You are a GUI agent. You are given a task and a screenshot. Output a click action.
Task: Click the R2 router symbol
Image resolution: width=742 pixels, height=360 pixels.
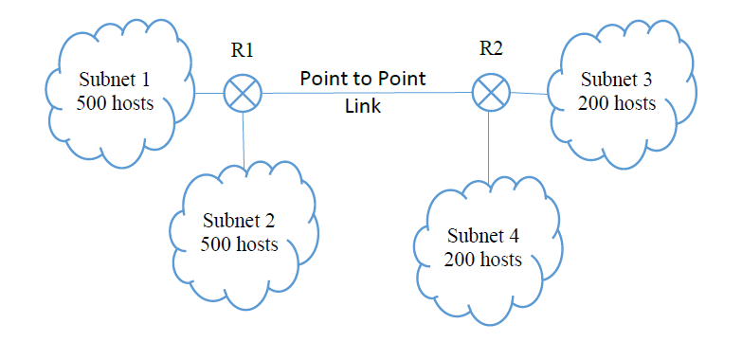pos(490,93)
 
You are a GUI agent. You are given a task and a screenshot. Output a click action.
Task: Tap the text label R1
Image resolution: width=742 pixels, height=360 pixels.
pos(243,50)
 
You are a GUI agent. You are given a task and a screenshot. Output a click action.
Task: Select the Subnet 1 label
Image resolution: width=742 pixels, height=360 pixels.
pos(115,79)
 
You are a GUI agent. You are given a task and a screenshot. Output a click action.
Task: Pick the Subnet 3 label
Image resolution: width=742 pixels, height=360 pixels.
pos(617,79)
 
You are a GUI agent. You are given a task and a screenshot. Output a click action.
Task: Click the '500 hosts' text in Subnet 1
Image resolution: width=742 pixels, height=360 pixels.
pos(115,103)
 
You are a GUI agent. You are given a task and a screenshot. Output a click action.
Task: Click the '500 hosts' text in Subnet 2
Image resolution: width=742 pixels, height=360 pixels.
pos(239,244)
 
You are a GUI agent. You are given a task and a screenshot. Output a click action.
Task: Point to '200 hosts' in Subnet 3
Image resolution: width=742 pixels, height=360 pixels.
pos(617,103)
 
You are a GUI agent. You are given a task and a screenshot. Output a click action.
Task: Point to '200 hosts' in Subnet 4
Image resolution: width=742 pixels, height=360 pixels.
pos(484,259)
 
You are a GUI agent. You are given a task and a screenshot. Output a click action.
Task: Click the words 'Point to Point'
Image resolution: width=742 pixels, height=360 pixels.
pos(363,78)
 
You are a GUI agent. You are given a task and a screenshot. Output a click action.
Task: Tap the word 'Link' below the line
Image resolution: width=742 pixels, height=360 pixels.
pos(363,107)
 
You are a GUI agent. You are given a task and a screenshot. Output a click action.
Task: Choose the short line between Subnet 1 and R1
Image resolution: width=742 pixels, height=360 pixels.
pos(209,94)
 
